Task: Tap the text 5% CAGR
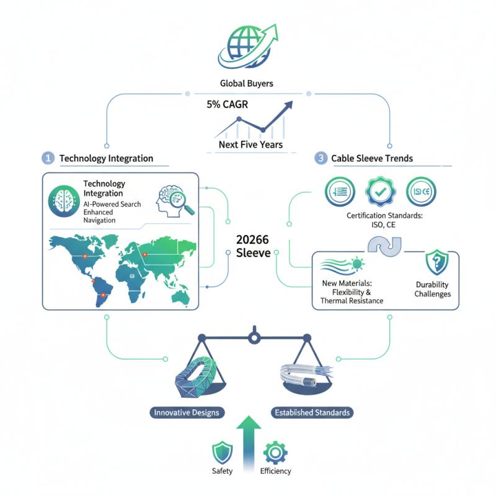point(228,105)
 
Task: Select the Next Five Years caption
point(250,144)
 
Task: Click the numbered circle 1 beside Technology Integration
point(48,158)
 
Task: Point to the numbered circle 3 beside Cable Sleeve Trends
point(321,158)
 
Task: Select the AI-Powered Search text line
point(113,204)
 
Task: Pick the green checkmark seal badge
point(378,191)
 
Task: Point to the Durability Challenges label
point(433,289)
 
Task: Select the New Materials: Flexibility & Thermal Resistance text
point(352,291)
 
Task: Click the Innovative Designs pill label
point(187,412)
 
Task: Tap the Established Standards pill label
point(311,412)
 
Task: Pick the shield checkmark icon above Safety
point(222,453)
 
